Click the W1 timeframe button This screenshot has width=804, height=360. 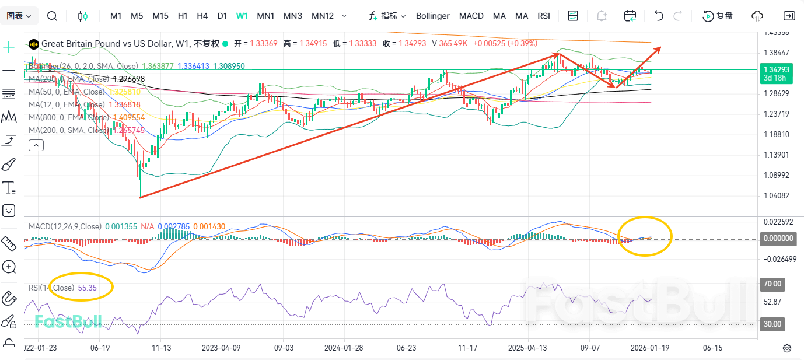242,16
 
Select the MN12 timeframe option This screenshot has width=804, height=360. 323,16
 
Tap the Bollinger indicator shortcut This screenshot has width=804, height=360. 432,16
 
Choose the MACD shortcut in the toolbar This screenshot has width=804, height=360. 471,16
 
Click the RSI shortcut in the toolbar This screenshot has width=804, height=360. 543,16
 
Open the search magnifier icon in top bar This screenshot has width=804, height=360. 52,16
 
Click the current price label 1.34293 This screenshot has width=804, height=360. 776,69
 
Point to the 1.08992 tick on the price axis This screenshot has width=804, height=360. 776,175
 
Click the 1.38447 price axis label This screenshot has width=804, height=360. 776,53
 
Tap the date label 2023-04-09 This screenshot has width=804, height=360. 221,348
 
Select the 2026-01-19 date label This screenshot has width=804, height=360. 650,348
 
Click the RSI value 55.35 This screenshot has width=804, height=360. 87,288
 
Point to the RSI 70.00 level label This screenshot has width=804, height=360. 772,284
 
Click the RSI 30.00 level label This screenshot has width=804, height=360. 772,324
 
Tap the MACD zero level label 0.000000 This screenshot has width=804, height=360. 778,238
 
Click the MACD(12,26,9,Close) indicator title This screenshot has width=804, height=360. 65,226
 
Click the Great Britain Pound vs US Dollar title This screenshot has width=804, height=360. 107,44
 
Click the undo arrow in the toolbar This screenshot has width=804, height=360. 659,16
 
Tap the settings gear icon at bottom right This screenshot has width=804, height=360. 787,348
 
